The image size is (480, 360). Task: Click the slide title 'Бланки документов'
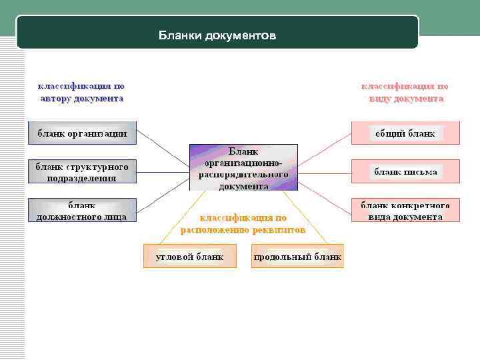coord(217,35)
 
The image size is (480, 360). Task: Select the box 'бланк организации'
coord(82,133)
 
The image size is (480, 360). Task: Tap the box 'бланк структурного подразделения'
coord(82,172)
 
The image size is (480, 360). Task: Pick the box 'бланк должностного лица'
coord(82,211)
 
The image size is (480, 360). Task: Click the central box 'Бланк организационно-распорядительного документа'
coord(243,168)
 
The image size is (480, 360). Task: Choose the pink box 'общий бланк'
coord(405,133)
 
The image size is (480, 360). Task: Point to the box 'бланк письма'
coord(405,172)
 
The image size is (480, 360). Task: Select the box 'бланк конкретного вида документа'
coord(405,211)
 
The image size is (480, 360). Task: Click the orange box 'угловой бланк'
coord(189,257)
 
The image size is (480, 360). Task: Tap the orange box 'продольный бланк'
coord(297,257)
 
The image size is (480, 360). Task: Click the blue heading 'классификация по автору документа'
coord(81,92)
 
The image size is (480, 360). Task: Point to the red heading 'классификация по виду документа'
coord(405,92)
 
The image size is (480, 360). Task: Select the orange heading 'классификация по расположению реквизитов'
coord(243,223)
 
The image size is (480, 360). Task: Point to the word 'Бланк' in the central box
coord(243,151)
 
